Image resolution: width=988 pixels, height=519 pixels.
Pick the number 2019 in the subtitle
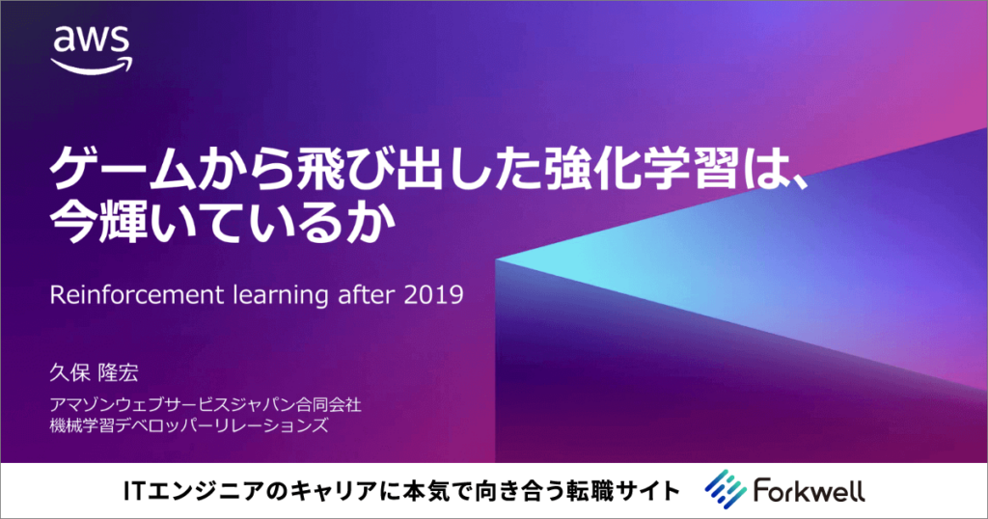click(435, 294)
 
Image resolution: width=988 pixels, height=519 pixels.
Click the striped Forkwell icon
click(722, 489)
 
